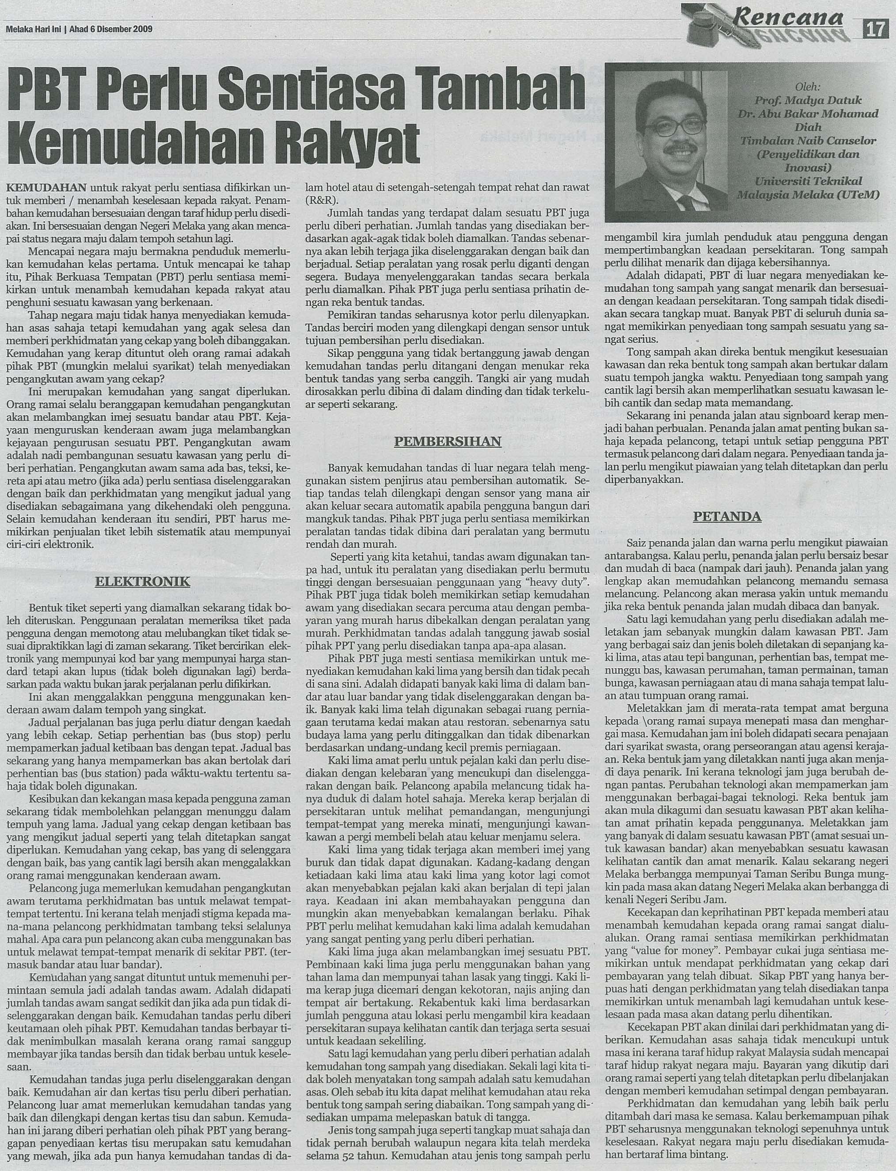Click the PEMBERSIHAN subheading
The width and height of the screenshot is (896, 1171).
coord(448,441)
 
